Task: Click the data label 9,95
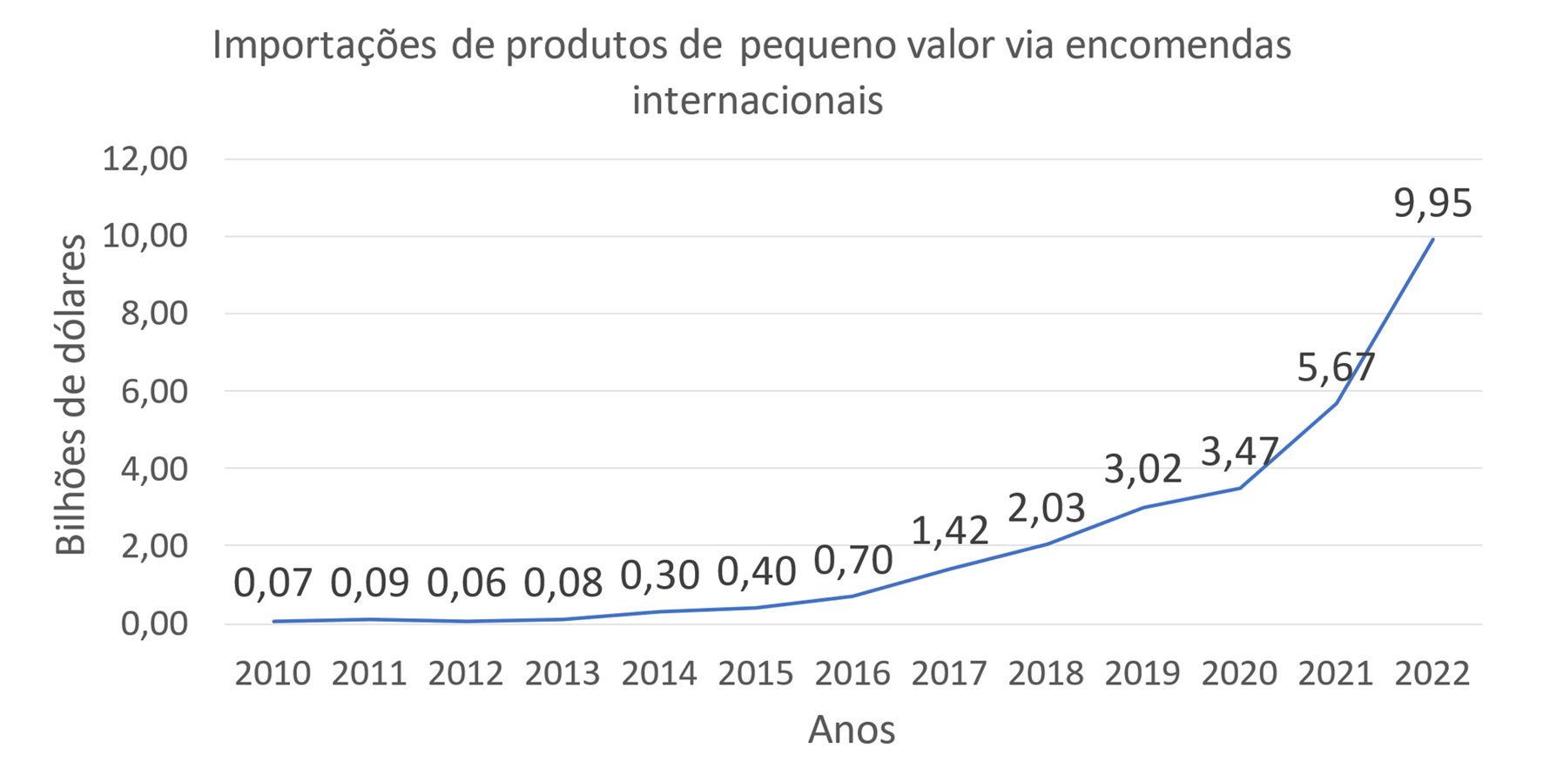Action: click(x=1432, y=204)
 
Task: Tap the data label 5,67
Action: click(x=1336, y=367)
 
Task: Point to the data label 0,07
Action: click(x=273, y=583)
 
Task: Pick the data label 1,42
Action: click(x=950, y=530)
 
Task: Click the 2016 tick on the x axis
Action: click(x=852, y=673)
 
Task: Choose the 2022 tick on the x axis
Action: click(x=1432, y=673)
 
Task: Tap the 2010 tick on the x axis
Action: click(x=273, y=673)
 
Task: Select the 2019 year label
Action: click(x=1142, y=673)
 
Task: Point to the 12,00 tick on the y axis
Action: click(x=145, y=159)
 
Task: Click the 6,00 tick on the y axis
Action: click(x=154, y=391)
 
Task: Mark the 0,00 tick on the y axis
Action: click(x=154, y=623)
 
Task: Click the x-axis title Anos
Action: click(x=852, y=730)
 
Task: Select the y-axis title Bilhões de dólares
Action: click(x=71, y=394)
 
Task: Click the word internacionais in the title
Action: click(x=758, y=100)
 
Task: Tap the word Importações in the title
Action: click(x=324, y=45)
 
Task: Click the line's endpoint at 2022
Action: click(x=1432, y=239)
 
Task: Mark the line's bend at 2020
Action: click(x=1240, y=489)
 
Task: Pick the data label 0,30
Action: click(x=659, y=576)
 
